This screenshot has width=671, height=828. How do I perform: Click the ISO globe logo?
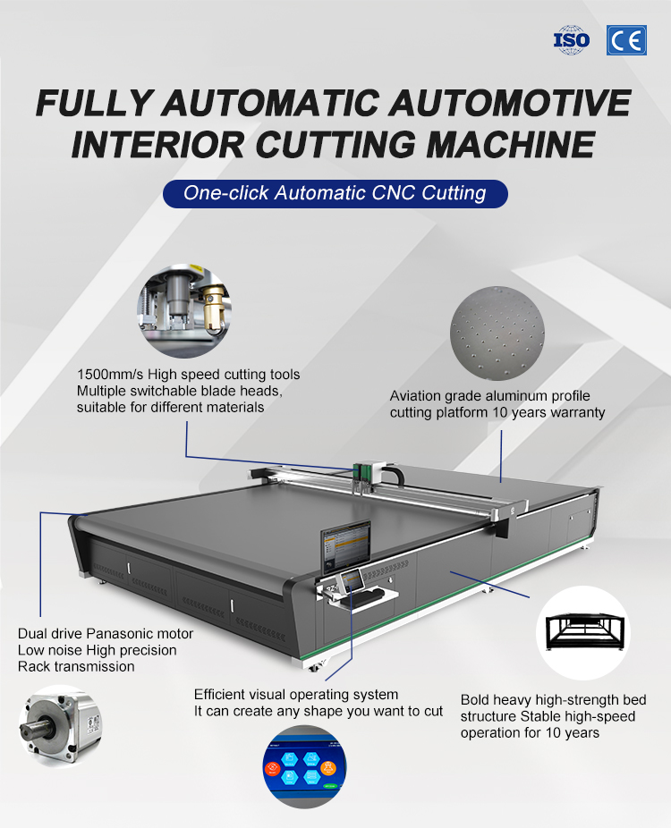(572, 39)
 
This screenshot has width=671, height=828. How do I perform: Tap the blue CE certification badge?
(626, 40)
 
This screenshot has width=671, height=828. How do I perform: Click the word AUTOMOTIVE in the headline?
(510, 103)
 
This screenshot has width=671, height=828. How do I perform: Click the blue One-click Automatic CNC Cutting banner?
(335, 193)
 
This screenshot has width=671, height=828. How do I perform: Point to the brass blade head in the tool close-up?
(214, 306)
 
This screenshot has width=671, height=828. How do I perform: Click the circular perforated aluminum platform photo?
(497, 334)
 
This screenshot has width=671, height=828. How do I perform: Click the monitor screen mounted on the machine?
(346, 546)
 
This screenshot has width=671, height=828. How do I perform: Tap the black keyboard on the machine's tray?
(366, 597)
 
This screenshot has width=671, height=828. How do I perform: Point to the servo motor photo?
(60, 726)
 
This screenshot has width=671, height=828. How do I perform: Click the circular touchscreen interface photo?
(305, 766)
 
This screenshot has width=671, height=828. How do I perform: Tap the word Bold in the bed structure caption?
(475, 699)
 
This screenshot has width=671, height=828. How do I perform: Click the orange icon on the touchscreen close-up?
(328, 767)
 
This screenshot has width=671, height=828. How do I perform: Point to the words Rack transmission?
(76, 666)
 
